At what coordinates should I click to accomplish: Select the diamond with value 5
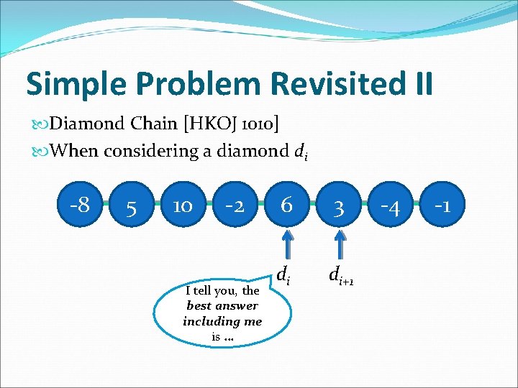tap(131, 208)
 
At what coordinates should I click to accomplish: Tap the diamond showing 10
tap(183, 207)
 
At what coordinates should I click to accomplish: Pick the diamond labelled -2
tap(235, 207)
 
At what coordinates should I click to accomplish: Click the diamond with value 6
tap(286, 205)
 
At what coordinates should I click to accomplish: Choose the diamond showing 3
tap(339, 208)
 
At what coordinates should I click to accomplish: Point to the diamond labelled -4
tap(391, 207)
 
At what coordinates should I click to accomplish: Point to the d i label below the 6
tap(284, 274)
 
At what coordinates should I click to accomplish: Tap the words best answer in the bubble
tap(222, 305)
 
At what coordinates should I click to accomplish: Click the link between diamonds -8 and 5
tap(105, 206)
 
